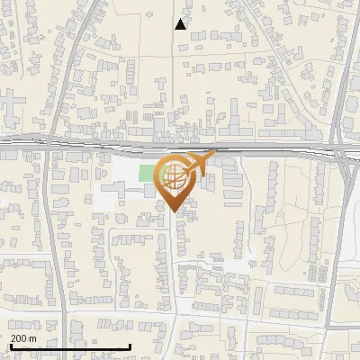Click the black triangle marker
(181, 24)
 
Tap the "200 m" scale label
(22, 338)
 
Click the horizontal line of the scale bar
(70, 347)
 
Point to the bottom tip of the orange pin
(174, 212)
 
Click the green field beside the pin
(147, 172)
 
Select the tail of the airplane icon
(186, 165)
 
